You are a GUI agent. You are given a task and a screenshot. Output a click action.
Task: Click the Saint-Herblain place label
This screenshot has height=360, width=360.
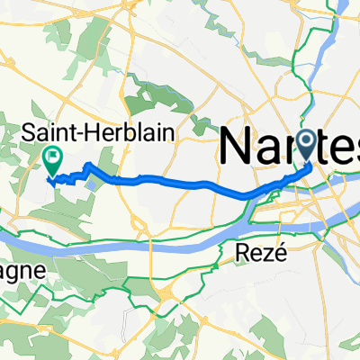(98, 131)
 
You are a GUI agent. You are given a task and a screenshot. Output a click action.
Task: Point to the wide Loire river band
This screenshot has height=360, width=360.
(135, 237)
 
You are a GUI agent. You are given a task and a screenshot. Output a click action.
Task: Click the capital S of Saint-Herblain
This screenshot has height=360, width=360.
(30, 131)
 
